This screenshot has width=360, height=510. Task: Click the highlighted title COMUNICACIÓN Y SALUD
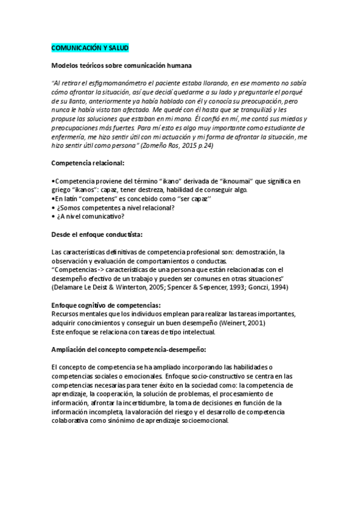pyautogui.click(x=89, y=47)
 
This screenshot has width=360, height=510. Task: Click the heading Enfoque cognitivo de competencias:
pyautogui.click(x=106, y=305)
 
